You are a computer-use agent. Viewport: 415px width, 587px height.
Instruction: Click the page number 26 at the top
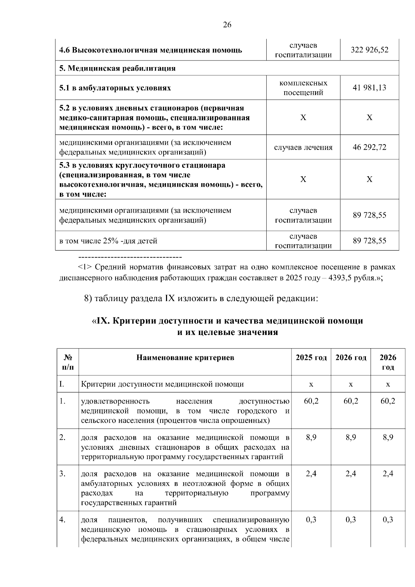tap(227, 25)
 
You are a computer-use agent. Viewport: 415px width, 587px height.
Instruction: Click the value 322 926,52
tap(369, 50)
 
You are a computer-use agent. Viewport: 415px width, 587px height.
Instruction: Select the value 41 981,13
tap(369, 87)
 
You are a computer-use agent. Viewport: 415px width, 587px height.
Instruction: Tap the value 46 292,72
tap(369, 147)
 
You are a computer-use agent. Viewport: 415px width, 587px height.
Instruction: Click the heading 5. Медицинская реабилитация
tap(118, 68)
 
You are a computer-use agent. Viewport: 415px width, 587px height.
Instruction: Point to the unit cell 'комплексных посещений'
tap(303, 88)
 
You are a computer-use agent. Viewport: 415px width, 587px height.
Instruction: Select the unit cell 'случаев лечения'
tap(303, 148)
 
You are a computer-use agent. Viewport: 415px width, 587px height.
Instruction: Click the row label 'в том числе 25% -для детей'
tap(108, 241)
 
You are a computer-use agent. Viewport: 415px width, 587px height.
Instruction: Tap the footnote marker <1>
tap(85, 267)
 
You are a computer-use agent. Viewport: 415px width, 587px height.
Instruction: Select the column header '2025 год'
tap(311, 357)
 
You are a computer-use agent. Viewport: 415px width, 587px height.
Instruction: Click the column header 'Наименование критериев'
tap(185, 357)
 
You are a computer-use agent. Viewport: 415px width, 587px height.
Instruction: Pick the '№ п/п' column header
tap(68, 362)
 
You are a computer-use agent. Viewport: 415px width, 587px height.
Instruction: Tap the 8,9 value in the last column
tap(388, 437)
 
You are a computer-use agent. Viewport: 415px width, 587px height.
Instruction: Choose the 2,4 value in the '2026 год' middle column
tap(350, 474)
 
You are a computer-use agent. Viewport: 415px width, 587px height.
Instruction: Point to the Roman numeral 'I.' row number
tap(62, 384)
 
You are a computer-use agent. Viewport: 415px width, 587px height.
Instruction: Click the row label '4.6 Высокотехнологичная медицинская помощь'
tap(150, 50)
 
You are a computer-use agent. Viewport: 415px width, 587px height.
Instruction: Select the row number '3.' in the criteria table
tap(62, 474)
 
